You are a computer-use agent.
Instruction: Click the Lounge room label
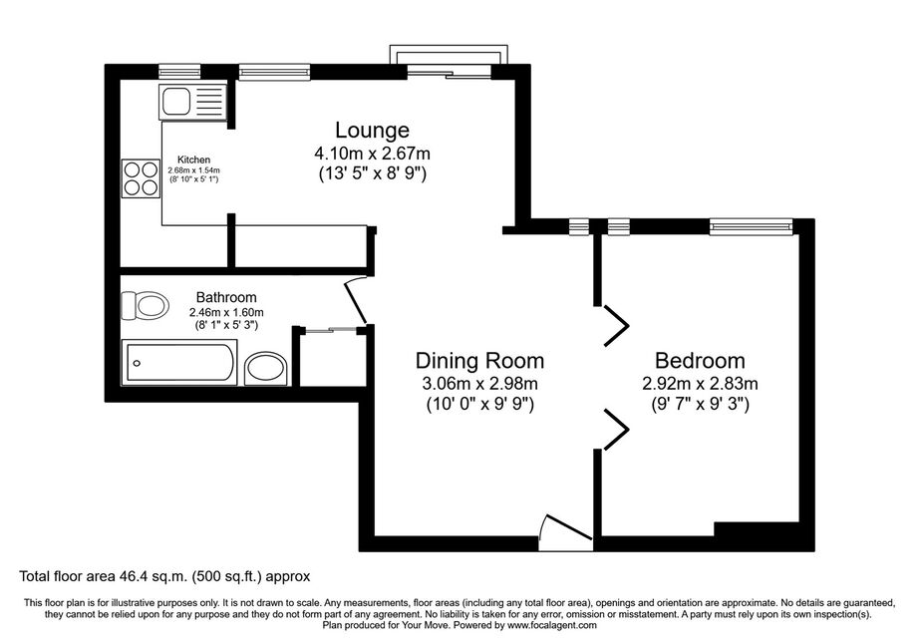coord(372,130)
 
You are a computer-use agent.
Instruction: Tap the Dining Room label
coord(479,360)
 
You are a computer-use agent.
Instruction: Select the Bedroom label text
coord(700,360)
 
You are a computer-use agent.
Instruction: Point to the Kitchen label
coord(193,160)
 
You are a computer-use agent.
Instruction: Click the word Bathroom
coord(226,297)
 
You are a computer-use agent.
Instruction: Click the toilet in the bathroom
coord(145,305)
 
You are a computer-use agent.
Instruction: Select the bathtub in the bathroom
coord(179,363)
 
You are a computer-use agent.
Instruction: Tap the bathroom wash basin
coord(265,369)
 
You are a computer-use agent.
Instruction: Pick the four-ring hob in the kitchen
coord(142,178)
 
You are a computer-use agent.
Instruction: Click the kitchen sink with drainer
coord(192,102)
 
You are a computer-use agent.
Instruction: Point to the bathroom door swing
coord(356,300)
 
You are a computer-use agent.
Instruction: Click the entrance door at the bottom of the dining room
coord(565,532)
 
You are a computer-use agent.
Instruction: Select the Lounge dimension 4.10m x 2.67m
coord(372,154)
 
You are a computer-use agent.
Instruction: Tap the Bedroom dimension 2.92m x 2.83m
coord(700,384)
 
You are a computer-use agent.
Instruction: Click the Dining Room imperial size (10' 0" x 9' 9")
coord(479,405)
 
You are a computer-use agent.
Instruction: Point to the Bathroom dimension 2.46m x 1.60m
coord(226,312)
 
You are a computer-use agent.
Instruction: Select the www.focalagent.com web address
coord(552,625)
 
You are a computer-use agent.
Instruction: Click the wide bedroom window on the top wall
coord(751,226)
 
